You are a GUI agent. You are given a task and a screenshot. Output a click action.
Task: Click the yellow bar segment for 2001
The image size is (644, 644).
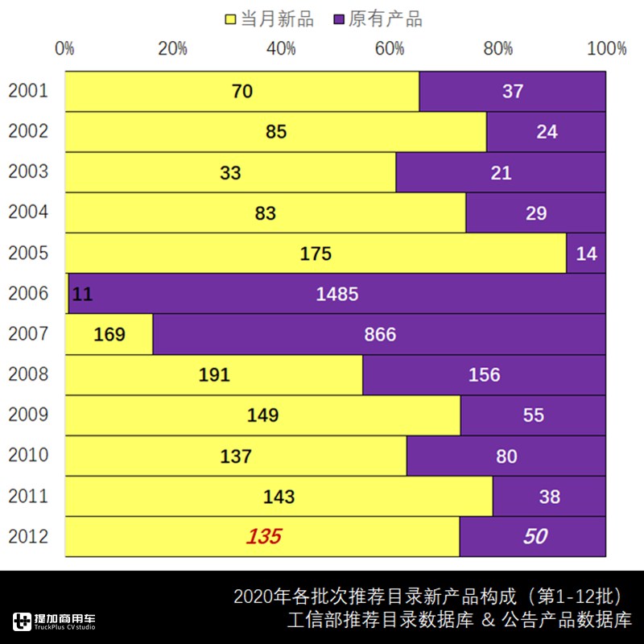click(242, 91)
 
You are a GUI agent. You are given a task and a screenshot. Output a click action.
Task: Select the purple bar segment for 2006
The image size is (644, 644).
click(337, 294)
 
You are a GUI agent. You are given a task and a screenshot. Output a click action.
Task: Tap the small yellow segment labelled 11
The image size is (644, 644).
click(67, 294)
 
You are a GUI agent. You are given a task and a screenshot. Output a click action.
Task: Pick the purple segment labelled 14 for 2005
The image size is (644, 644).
click(586, 254)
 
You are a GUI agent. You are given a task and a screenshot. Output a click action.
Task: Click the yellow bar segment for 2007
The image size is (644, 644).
click(109, 334)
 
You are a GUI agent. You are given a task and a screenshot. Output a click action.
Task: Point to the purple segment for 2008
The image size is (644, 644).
click(484, 374)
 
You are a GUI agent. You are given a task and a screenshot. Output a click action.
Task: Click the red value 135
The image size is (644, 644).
click(264, 536)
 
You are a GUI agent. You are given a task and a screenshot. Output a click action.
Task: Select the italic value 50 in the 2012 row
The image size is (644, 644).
click(535, 536)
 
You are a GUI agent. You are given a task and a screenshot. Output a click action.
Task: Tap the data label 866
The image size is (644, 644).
click(380, 334)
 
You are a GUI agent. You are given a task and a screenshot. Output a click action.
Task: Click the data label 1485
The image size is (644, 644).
click(337, 294)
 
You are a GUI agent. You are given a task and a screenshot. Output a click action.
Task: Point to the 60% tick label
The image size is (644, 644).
click(390, 48)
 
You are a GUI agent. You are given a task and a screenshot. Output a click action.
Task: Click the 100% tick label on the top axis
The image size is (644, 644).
click(606, 48)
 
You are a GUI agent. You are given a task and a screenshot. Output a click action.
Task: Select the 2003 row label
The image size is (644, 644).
click(28, 171)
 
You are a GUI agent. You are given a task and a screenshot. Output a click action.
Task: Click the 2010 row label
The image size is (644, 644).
click(28, 455)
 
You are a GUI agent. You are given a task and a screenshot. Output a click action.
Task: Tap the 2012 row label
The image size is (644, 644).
click(28, 536)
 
